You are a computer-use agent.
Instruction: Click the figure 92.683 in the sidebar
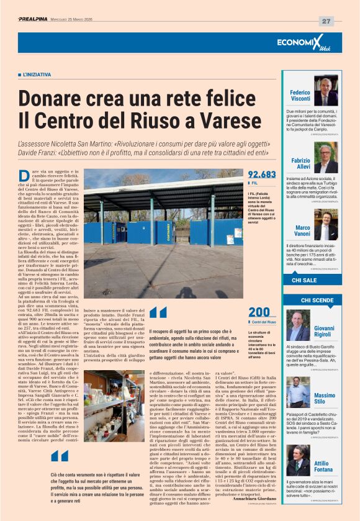[261, 174]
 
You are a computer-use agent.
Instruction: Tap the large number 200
[258, 312]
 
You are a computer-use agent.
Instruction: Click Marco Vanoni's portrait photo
[325, 227]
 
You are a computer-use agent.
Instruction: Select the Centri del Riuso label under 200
[264, 322]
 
